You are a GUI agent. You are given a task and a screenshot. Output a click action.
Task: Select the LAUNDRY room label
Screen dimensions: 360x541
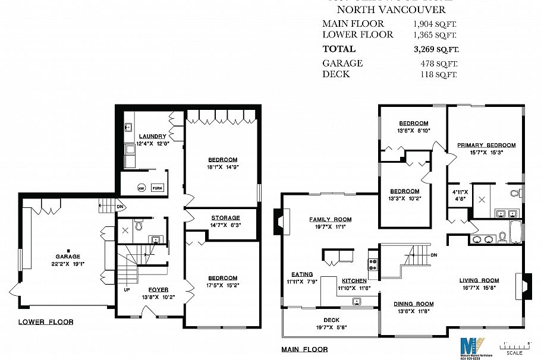click(152, 136)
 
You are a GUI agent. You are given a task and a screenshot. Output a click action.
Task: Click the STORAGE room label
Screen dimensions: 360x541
click(225, 218)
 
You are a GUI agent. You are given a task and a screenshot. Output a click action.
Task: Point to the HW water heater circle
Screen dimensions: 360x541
click(141, 188)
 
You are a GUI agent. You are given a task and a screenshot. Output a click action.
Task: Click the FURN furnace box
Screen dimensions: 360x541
click(157, 188)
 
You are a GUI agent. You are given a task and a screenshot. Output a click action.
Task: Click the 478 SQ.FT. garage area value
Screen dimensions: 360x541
click(436, 64)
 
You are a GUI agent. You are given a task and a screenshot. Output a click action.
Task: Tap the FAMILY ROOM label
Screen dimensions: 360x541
click(330, 219)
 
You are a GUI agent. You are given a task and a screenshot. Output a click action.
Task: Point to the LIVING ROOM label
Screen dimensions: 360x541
click(479, 280)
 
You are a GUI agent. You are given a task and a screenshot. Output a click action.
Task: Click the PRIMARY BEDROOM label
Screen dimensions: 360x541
click(486, 145)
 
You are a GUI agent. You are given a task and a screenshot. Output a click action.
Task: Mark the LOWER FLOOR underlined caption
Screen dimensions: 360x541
click(46, 322)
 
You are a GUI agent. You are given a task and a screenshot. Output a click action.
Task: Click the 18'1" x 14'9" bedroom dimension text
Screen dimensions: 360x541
click(222, 167)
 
